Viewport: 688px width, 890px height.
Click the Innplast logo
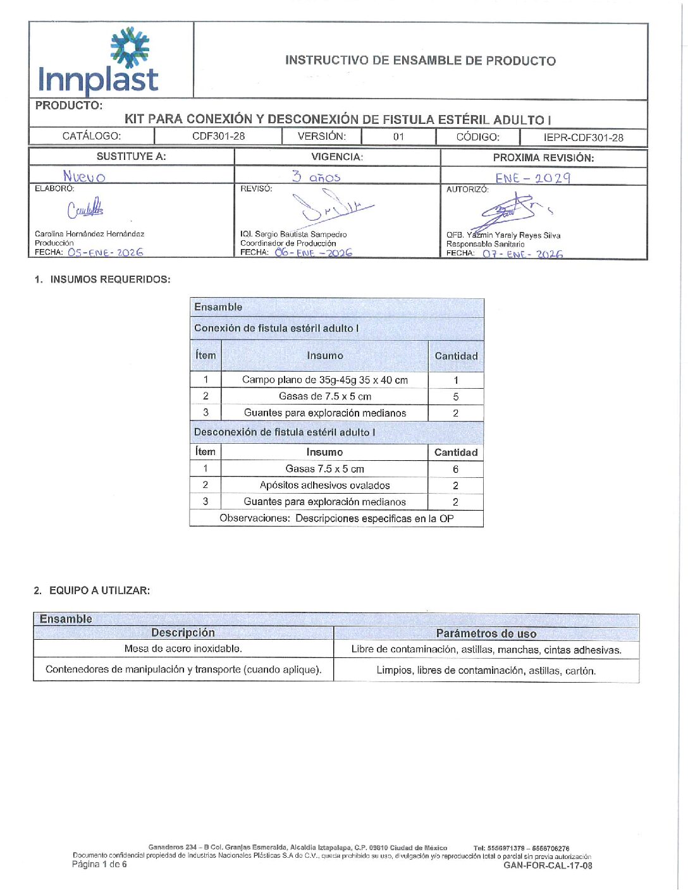click(99, 62)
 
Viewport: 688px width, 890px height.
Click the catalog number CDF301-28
click(218, 136)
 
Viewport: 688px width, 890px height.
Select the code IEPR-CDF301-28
click(583, 137)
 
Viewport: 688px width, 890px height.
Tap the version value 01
click(398, 137)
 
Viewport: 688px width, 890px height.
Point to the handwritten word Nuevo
click(84, 176)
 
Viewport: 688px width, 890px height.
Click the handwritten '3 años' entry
click(316, 177)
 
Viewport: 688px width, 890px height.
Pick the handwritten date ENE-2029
click(532, 178)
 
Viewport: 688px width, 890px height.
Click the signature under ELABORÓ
click(85, 208)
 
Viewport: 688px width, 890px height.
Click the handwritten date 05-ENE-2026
click(105, 252)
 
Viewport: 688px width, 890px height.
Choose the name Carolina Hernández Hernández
click(89, 234)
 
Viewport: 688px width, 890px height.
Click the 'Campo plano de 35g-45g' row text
click(325, 380)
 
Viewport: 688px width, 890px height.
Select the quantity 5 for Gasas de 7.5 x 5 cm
click(456, 397)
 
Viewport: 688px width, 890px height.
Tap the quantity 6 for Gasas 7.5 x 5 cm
click(455, 469)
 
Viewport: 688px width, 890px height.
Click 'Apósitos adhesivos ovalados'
click(325, 485)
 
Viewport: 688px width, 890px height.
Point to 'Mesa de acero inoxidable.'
click(183, 649)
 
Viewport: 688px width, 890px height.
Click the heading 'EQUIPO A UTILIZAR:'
click(99, 590)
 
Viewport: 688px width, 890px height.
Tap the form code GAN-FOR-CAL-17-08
click(548, 865)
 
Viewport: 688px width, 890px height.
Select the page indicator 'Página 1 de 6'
click(99, 864)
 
